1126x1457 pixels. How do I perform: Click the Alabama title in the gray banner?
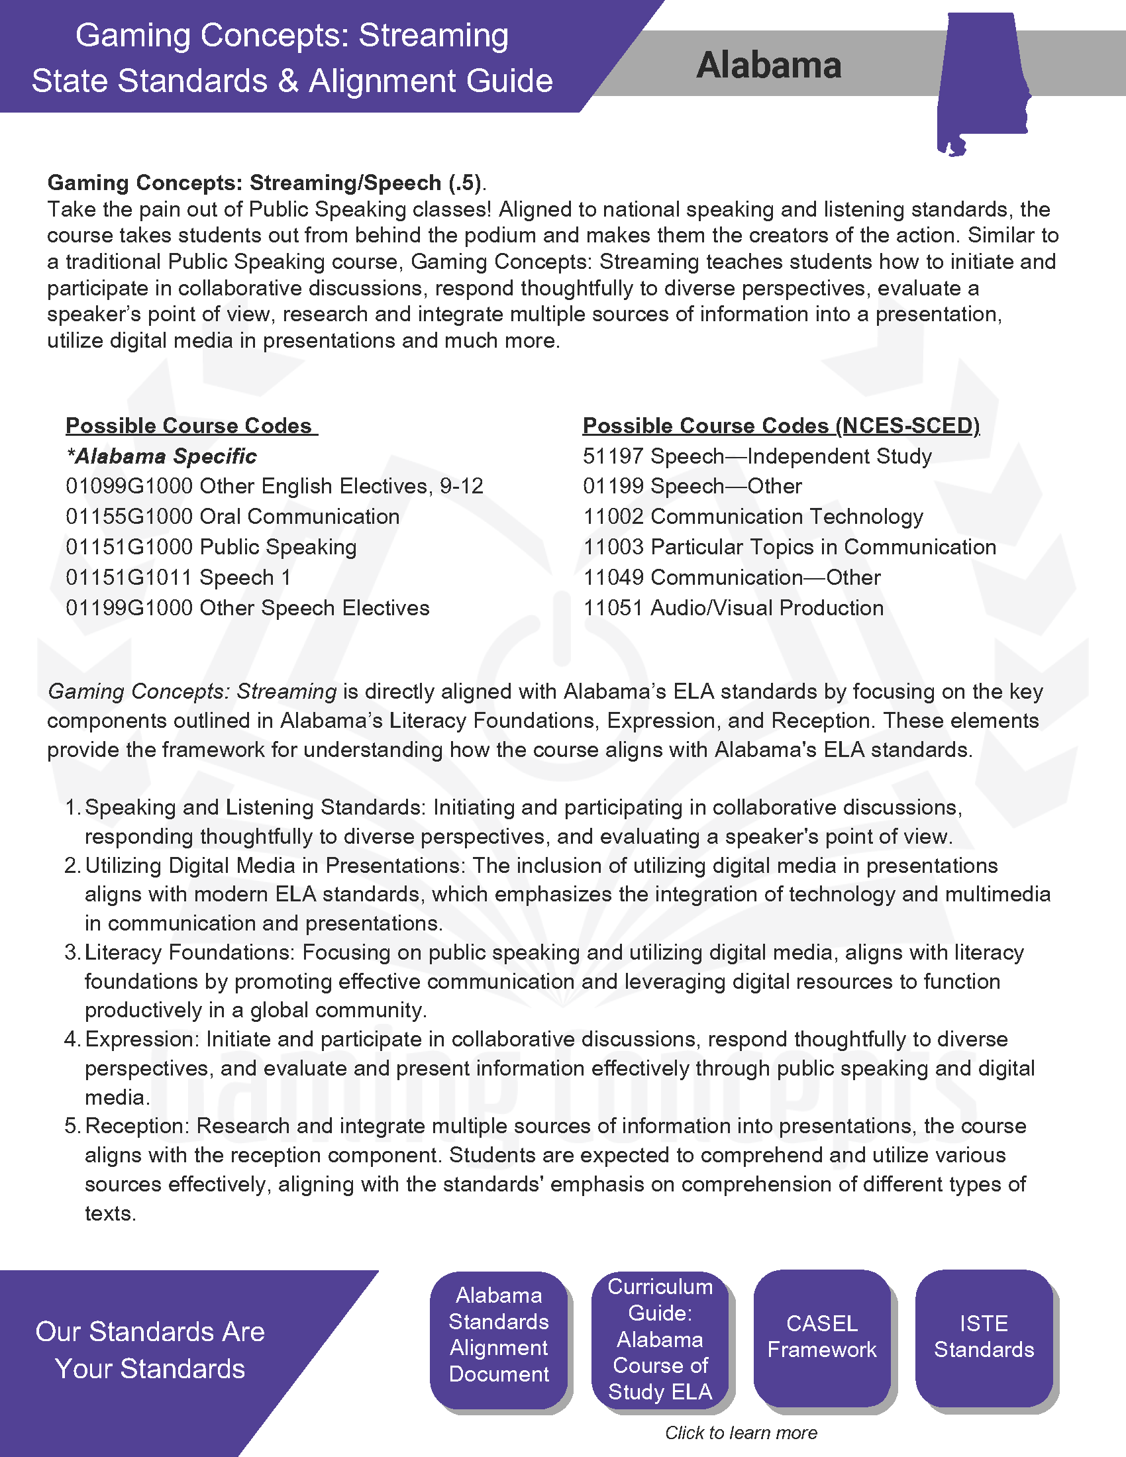[768, 66]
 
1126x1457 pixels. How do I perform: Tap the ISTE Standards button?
[984, 1337]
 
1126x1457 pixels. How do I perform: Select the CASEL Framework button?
[822, 1337]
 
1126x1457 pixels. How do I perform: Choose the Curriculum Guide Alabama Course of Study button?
[660, 1340]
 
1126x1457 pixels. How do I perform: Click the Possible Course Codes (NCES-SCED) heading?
[780, 426]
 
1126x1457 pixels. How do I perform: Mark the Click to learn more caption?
[741, 1433]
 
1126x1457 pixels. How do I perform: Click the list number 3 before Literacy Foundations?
[72, 952]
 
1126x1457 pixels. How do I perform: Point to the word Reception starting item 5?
[137, 1126]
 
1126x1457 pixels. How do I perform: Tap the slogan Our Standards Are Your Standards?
[150, 1350]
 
